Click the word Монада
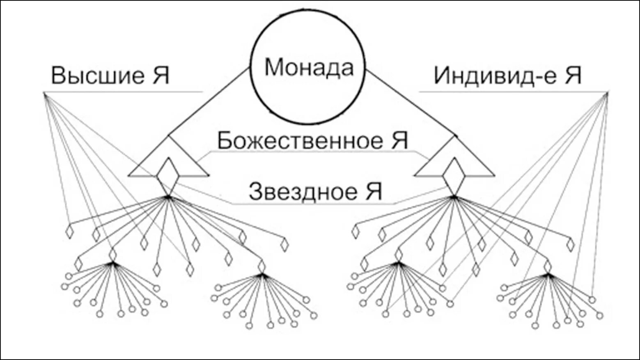tap(309, 67)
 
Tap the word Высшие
tap(98, 76)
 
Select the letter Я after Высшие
tap(161, 76)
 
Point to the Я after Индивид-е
tap(573, 76)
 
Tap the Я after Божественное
tap(399, 140)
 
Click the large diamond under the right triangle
tap(454, 176)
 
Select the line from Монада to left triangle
tap(209, 101)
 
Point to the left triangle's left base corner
tap(129, 176)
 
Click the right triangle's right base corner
tap(494, 176)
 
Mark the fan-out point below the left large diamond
tap(167, 197)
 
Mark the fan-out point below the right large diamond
tap(454, 197)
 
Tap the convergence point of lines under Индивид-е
tap(608, 94)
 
